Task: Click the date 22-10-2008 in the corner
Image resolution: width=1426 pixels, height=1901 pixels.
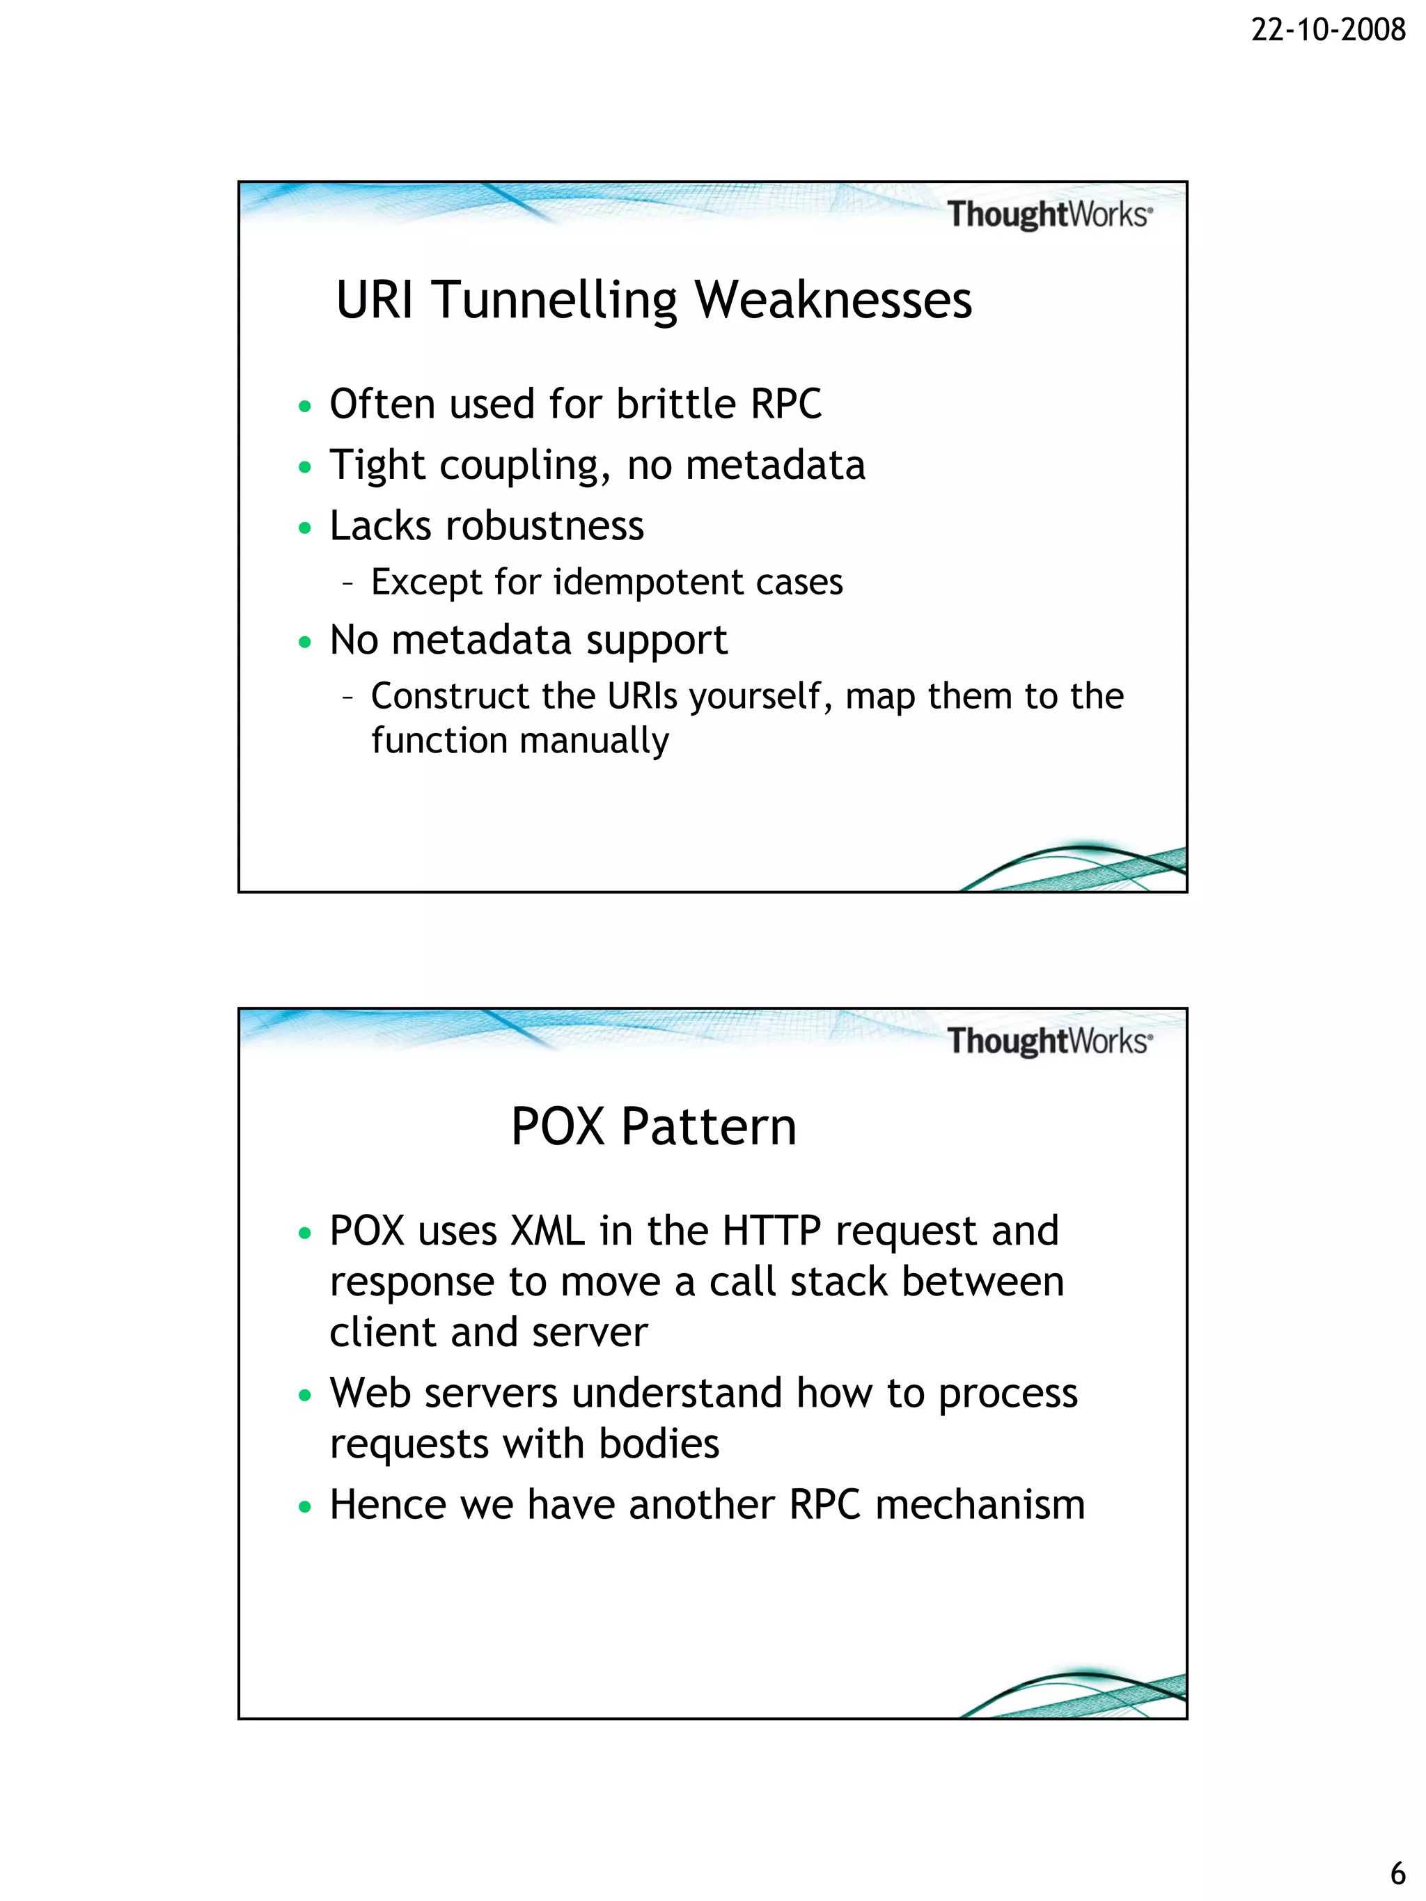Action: pos(1327,30)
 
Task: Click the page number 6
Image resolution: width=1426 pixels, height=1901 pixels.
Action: pos(1397,1872)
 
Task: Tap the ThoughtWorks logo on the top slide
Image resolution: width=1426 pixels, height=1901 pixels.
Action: pos(1049,214)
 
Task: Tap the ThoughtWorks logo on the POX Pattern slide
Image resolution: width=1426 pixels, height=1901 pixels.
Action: pos(1049,1041)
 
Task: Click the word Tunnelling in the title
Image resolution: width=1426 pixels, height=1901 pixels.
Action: pos(555,301)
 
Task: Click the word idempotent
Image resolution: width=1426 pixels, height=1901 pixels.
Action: pos(648,582)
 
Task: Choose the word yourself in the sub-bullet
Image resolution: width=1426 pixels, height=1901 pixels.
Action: pos(761,697)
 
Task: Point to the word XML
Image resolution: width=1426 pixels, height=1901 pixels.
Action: pos(547,1231)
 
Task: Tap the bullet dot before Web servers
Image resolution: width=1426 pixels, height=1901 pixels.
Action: pos(304,1395)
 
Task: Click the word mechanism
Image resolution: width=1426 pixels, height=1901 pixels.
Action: pos(980,1505)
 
